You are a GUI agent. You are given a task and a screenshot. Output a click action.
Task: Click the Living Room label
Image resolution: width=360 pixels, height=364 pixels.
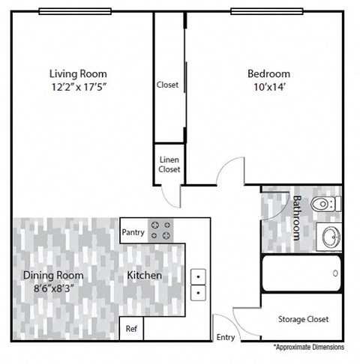(78, 73)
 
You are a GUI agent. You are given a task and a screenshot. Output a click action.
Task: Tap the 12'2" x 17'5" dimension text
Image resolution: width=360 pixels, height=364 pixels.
(78, 86)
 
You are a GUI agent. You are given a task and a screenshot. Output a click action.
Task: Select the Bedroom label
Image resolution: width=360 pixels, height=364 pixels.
(268, 73)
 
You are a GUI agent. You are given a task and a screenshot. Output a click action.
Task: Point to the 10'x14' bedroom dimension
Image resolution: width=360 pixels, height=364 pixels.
(268, 86)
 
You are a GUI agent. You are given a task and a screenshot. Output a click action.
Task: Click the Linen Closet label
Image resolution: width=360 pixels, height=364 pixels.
(169, 165)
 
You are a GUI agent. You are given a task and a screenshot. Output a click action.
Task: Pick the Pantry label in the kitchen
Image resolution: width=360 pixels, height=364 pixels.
(133, 232)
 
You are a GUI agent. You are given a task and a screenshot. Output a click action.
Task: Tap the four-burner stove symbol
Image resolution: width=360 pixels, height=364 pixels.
(160, 229)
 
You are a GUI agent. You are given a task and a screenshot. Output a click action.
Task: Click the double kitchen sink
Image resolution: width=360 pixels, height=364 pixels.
(199, 284)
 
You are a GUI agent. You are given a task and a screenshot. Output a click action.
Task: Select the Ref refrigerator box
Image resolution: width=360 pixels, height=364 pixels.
(131, 328)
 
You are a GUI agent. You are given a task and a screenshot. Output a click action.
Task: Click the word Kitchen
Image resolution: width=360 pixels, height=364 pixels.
(144, 276)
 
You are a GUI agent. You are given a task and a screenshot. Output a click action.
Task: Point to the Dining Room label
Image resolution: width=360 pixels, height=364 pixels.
(52, 275)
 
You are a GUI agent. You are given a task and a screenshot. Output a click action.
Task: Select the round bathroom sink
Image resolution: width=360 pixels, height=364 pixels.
(328, 238)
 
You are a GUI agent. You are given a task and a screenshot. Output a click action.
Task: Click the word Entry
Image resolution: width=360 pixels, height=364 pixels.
(225, 337)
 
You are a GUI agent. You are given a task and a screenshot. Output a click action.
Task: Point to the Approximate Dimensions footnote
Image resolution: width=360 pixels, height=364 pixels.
(308, 348)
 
